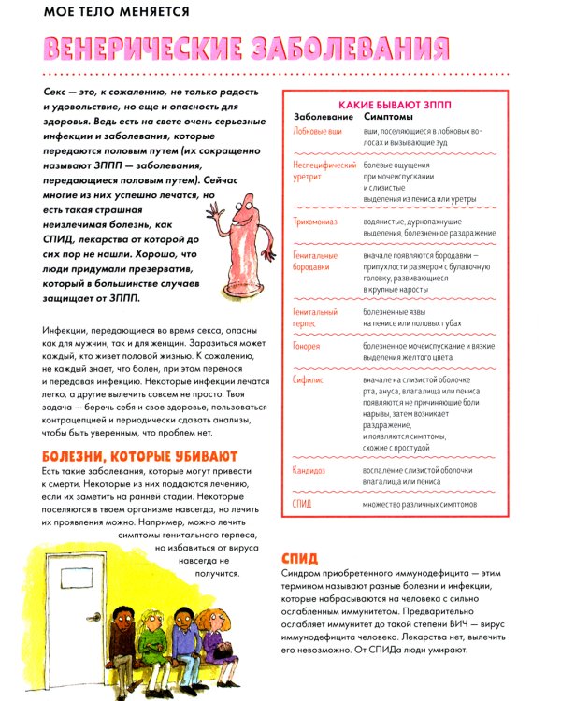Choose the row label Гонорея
(306, 346)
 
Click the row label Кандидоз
(310, 470)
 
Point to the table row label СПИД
(303, 504)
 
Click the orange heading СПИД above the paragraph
(300, 559)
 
